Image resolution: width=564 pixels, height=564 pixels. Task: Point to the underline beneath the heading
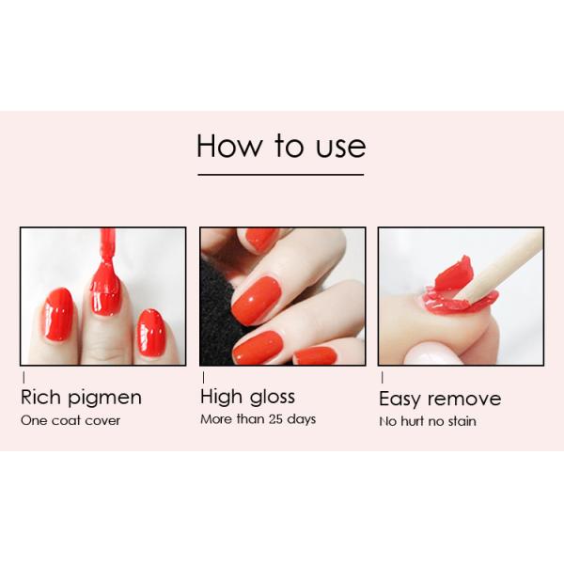[x=280, y=174]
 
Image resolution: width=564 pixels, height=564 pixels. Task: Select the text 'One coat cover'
[x=70, y=420]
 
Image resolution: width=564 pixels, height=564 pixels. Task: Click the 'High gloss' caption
[x=247, y=396]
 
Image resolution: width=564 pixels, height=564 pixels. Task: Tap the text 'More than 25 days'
[x=258, y=419]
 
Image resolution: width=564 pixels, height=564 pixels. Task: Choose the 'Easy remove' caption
[x=440, y=399]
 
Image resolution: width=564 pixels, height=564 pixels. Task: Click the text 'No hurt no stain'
[x=428, y=421]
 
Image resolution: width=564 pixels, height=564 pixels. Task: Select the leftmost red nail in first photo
[x=58, y=314]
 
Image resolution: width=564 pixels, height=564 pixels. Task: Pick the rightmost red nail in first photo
[x=150, y=333]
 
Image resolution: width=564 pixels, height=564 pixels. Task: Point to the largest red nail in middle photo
[x=256, y=299]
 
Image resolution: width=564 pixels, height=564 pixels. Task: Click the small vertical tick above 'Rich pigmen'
[x=23, y=377]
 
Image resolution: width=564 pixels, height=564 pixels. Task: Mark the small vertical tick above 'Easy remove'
[x=382, y=377]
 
